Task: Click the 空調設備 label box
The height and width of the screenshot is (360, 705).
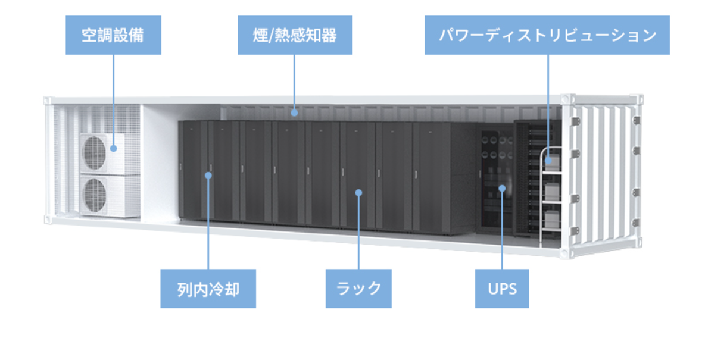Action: pos(113,35)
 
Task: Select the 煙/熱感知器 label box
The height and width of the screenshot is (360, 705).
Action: pos(295,35)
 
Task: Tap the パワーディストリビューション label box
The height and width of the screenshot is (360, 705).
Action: pos(547,35)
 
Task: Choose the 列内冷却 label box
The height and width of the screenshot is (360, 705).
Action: pos(208,289)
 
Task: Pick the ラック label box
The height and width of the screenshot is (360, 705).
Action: pos(358,289)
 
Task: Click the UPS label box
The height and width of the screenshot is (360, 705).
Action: pos(501,289)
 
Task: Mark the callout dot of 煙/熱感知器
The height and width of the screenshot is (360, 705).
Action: pos(294,111)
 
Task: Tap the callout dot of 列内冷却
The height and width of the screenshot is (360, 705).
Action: pos(208,175)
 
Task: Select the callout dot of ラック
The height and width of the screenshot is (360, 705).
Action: pos(358,192)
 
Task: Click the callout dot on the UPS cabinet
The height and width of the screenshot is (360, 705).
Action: pos(501,189)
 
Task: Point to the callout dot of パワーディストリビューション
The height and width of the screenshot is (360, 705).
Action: pos(547,159)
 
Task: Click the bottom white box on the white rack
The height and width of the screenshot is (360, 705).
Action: pos(552,219)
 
